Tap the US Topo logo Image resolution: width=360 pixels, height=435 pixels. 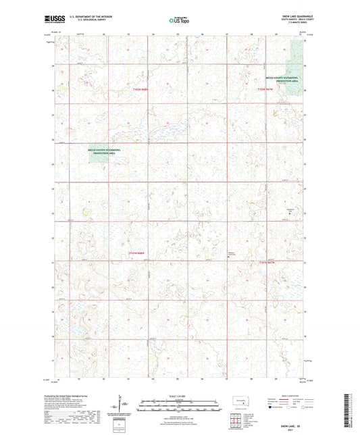tap(180, 20)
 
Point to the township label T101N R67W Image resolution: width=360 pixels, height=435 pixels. tap(267, 261)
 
